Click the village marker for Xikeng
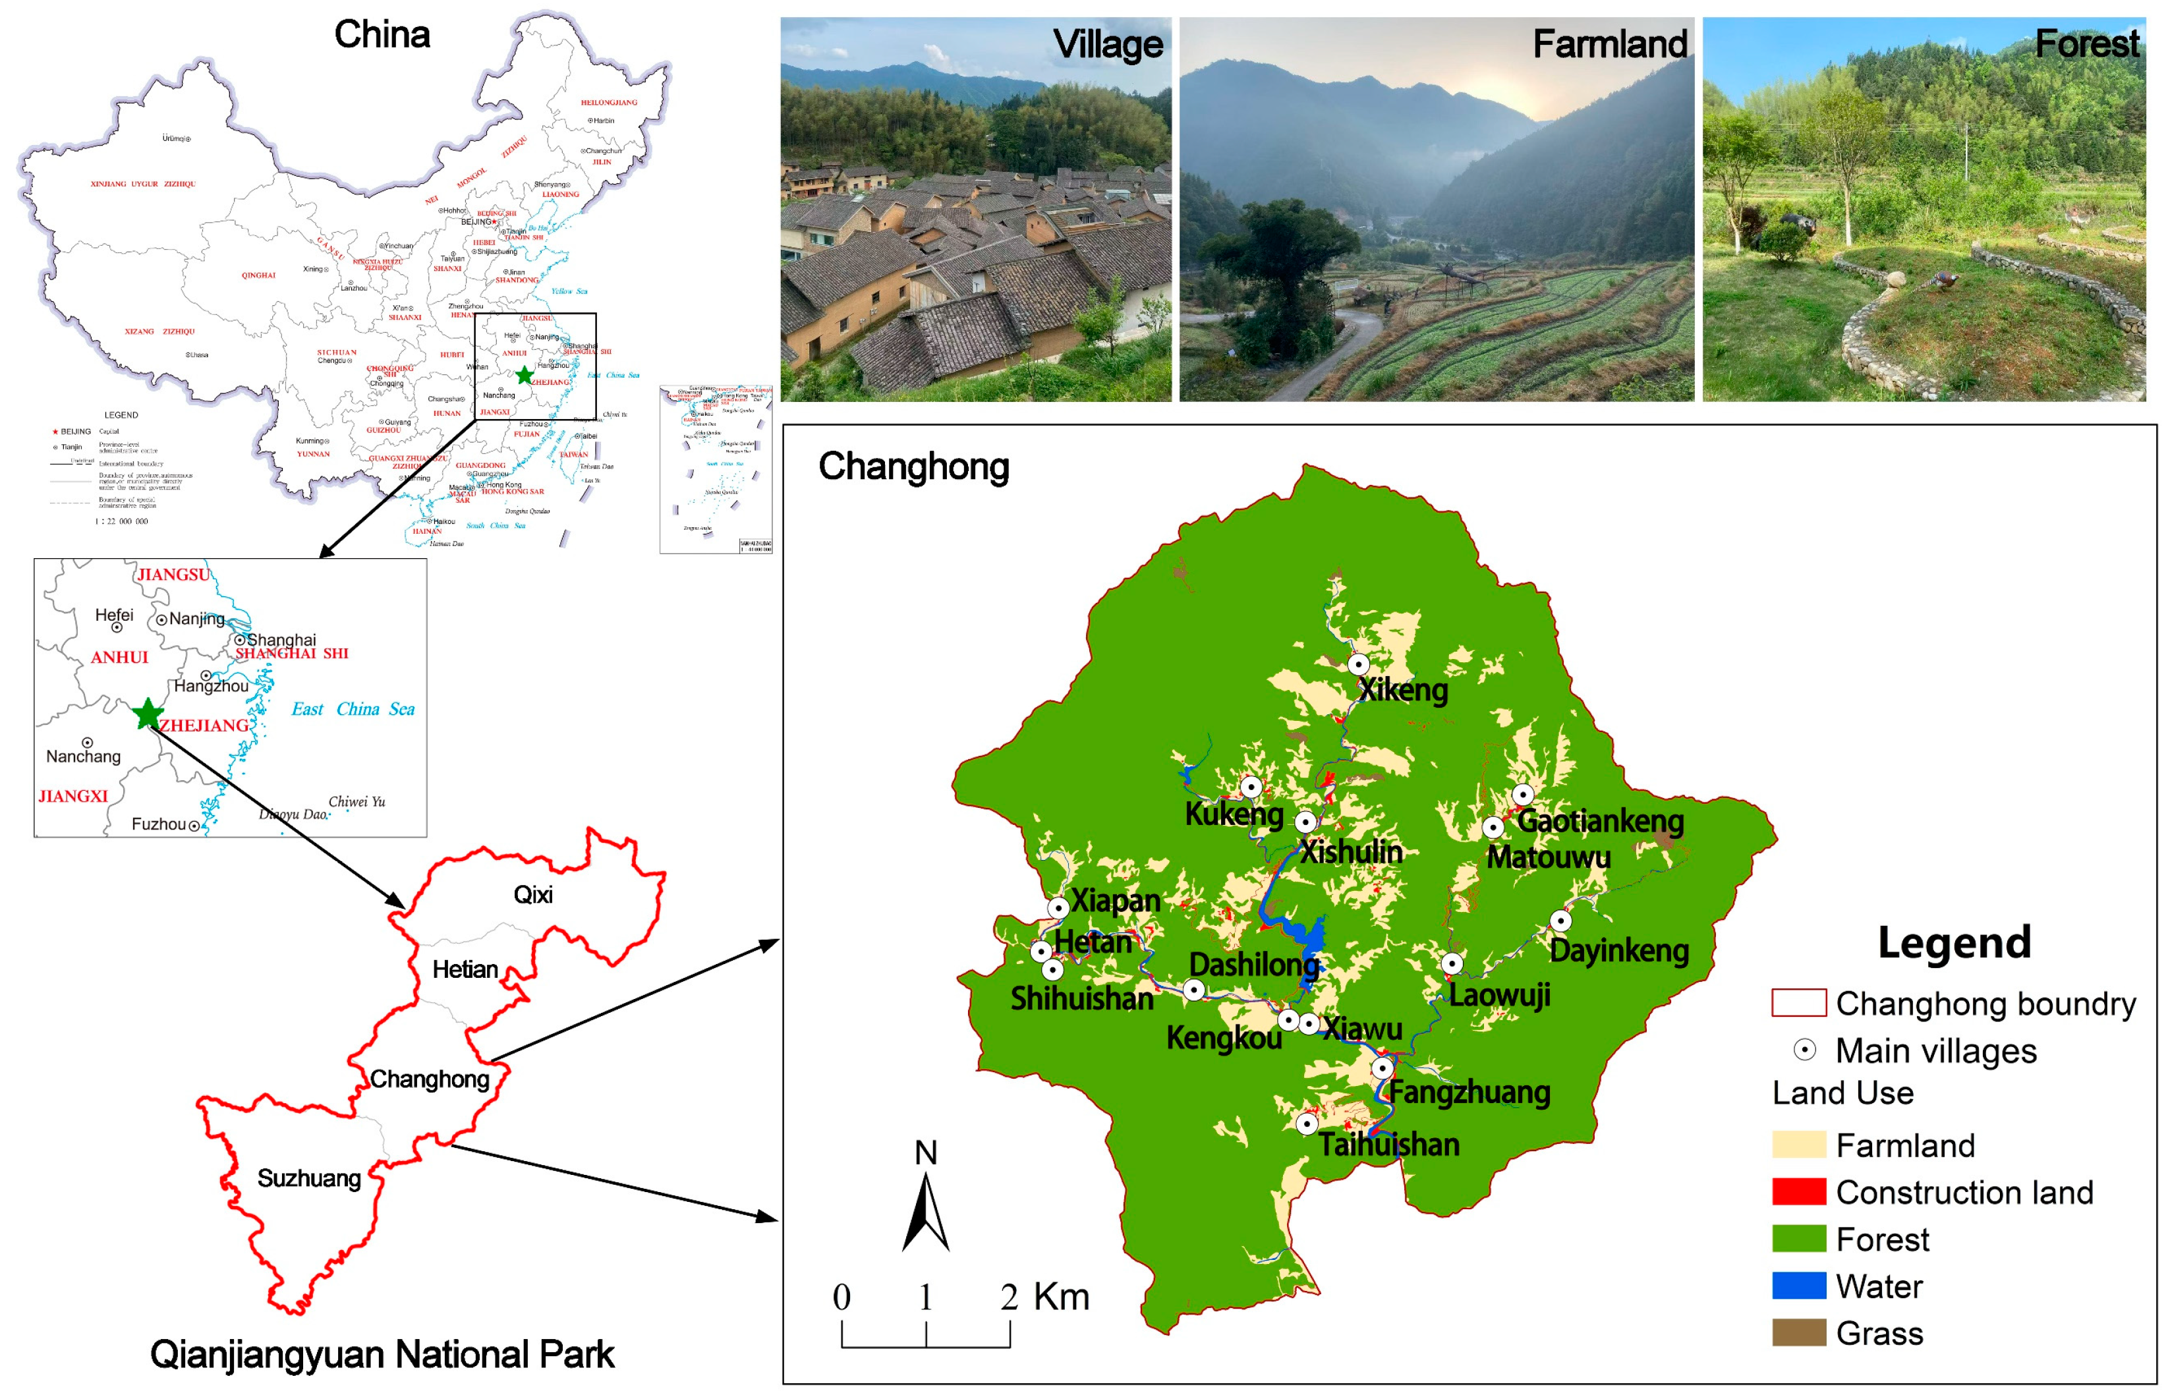pyautogui.click(x=1358, y=664)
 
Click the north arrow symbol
pyautogui.click(x=925, y=1211)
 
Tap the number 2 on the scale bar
pyautogui.click(x=1009, y=1297)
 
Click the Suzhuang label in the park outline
pyautogui.click(x=308, y=1178)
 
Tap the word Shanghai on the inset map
pyautogui.click(x=281, y=640)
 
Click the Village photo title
pyautogui.click(x=1108, y=44)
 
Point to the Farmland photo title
pyautogui.click(x=1609, y=44)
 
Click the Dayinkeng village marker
pyautogui.click(x=1560, y=921)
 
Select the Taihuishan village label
pyautogui.click(x=1389, y=1145)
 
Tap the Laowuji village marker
pyautogui.click(x=1452, y=963)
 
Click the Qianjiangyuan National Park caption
pyautogui.click(x=382, y=1354)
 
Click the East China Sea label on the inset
pyautogui.click(x=352, y=710)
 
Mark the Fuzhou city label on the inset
pyautogui.click(x=159, y=824)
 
